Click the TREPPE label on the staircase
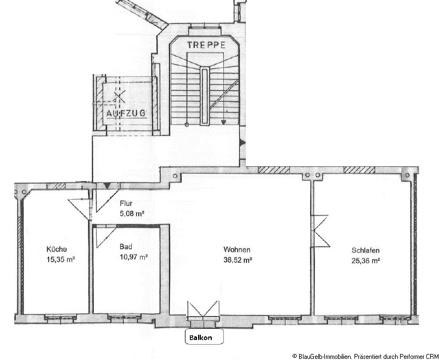point(206,45)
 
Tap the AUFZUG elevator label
point(126,113)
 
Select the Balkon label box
point(204,336)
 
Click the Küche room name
point(57,249)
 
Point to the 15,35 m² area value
point(61,259)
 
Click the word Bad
point(126,246)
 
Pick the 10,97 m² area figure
point(134,257)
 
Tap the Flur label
point(126,203)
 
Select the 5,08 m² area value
point(132,213)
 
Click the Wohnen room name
point(237,250)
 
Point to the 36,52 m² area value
point(238,260)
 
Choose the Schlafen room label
point(365,250)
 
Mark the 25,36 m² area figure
point(365,261)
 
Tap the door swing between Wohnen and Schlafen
point(320,231)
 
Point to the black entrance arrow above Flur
point(106,185)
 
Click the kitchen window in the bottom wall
point(60,317)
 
